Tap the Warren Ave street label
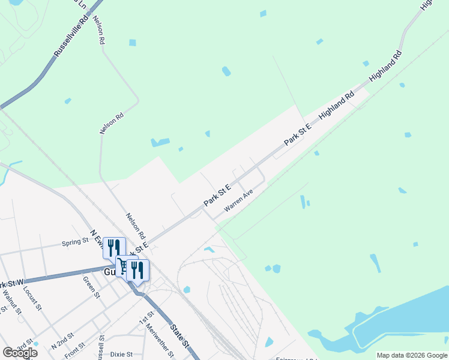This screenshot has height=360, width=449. [x=239, y=201]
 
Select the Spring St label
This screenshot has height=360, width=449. [x=75, y=242]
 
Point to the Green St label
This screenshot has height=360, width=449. [x=91, y=286]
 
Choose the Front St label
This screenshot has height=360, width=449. [x=75, y=350]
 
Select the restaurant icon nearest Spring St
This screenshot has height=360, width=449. [x=113, y=247]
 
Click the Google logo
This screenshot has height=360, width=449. [x=20, y=353]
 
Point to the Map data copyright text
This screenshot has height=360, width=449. [x=412, y=355]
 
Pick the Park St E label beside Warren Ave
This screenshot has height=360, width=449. [x=217, y=194]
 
